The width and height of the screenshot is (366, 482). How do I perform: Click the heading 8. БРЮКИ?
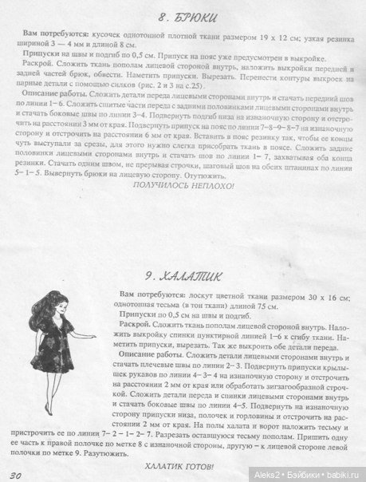[187, 15]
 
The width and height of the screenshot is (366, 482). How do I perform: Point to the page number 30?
[17, 475]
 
